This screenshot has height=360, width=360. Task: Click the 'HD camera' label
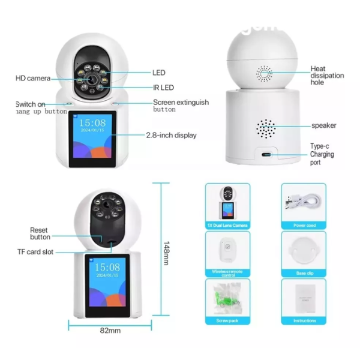coord(33,79)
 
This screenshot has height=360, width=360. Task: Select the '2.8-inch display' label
coord(171,136)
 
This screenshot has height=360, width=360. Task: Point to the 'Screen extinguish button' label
coord(181,106)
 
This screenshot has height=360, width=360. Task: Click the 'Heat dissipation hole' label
coord(327,76)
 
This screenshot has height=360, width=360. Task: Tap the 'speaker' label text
coord(323,125)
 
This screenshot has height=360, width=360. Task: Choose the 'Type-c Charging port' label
coord(322,154)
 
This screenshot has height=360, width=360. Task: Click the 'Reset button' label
coord(40,233)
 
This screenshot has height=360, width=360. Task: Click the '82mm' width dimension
coord(110,331)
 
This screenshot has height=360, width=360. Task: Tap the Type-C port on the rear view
coord(266,154)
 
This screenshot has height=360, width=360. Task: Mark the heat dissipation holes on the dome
coord(265,74)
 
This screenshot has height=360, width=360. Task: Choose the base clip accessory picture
coord(304,250)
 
